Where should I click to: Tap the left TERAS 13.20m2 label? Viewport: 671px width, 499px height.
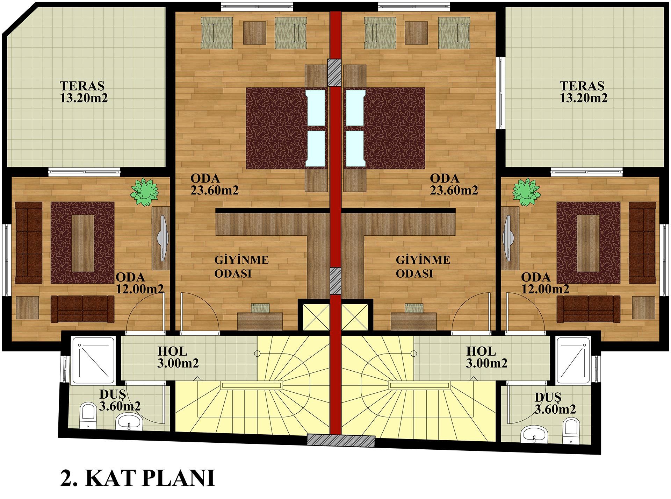click(x=84, y=92)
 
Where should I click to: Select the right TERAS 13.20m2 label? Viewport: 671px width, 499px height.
click(x=583, y=92)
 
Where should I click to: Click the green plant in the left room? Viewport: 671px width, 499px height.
click(x=144, y=192)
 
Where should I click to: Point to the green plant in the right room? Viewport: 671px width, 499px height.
click(x=526, y=192)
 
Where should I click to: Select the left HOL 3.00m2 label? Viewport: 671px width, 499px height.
click(x=178, y=357)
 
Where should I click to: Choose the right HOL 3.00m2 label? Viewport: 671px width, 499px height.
click(x=486, y=357)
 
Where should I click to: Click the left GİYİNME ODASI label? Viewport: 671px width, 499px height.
click(x=241, y=266)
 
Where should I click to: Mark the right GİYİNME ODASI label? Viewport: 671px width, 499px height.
click(x=423, y=266)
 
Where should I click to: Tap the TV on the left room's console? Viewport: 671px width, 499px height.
click(x=162, y=238)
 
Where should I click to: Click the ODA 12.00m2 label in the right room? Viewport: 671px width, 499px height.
click(x=545, y=283)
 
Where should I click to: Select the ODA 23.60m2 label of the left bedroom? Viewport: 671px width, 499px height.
click(x=214, y=184)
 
